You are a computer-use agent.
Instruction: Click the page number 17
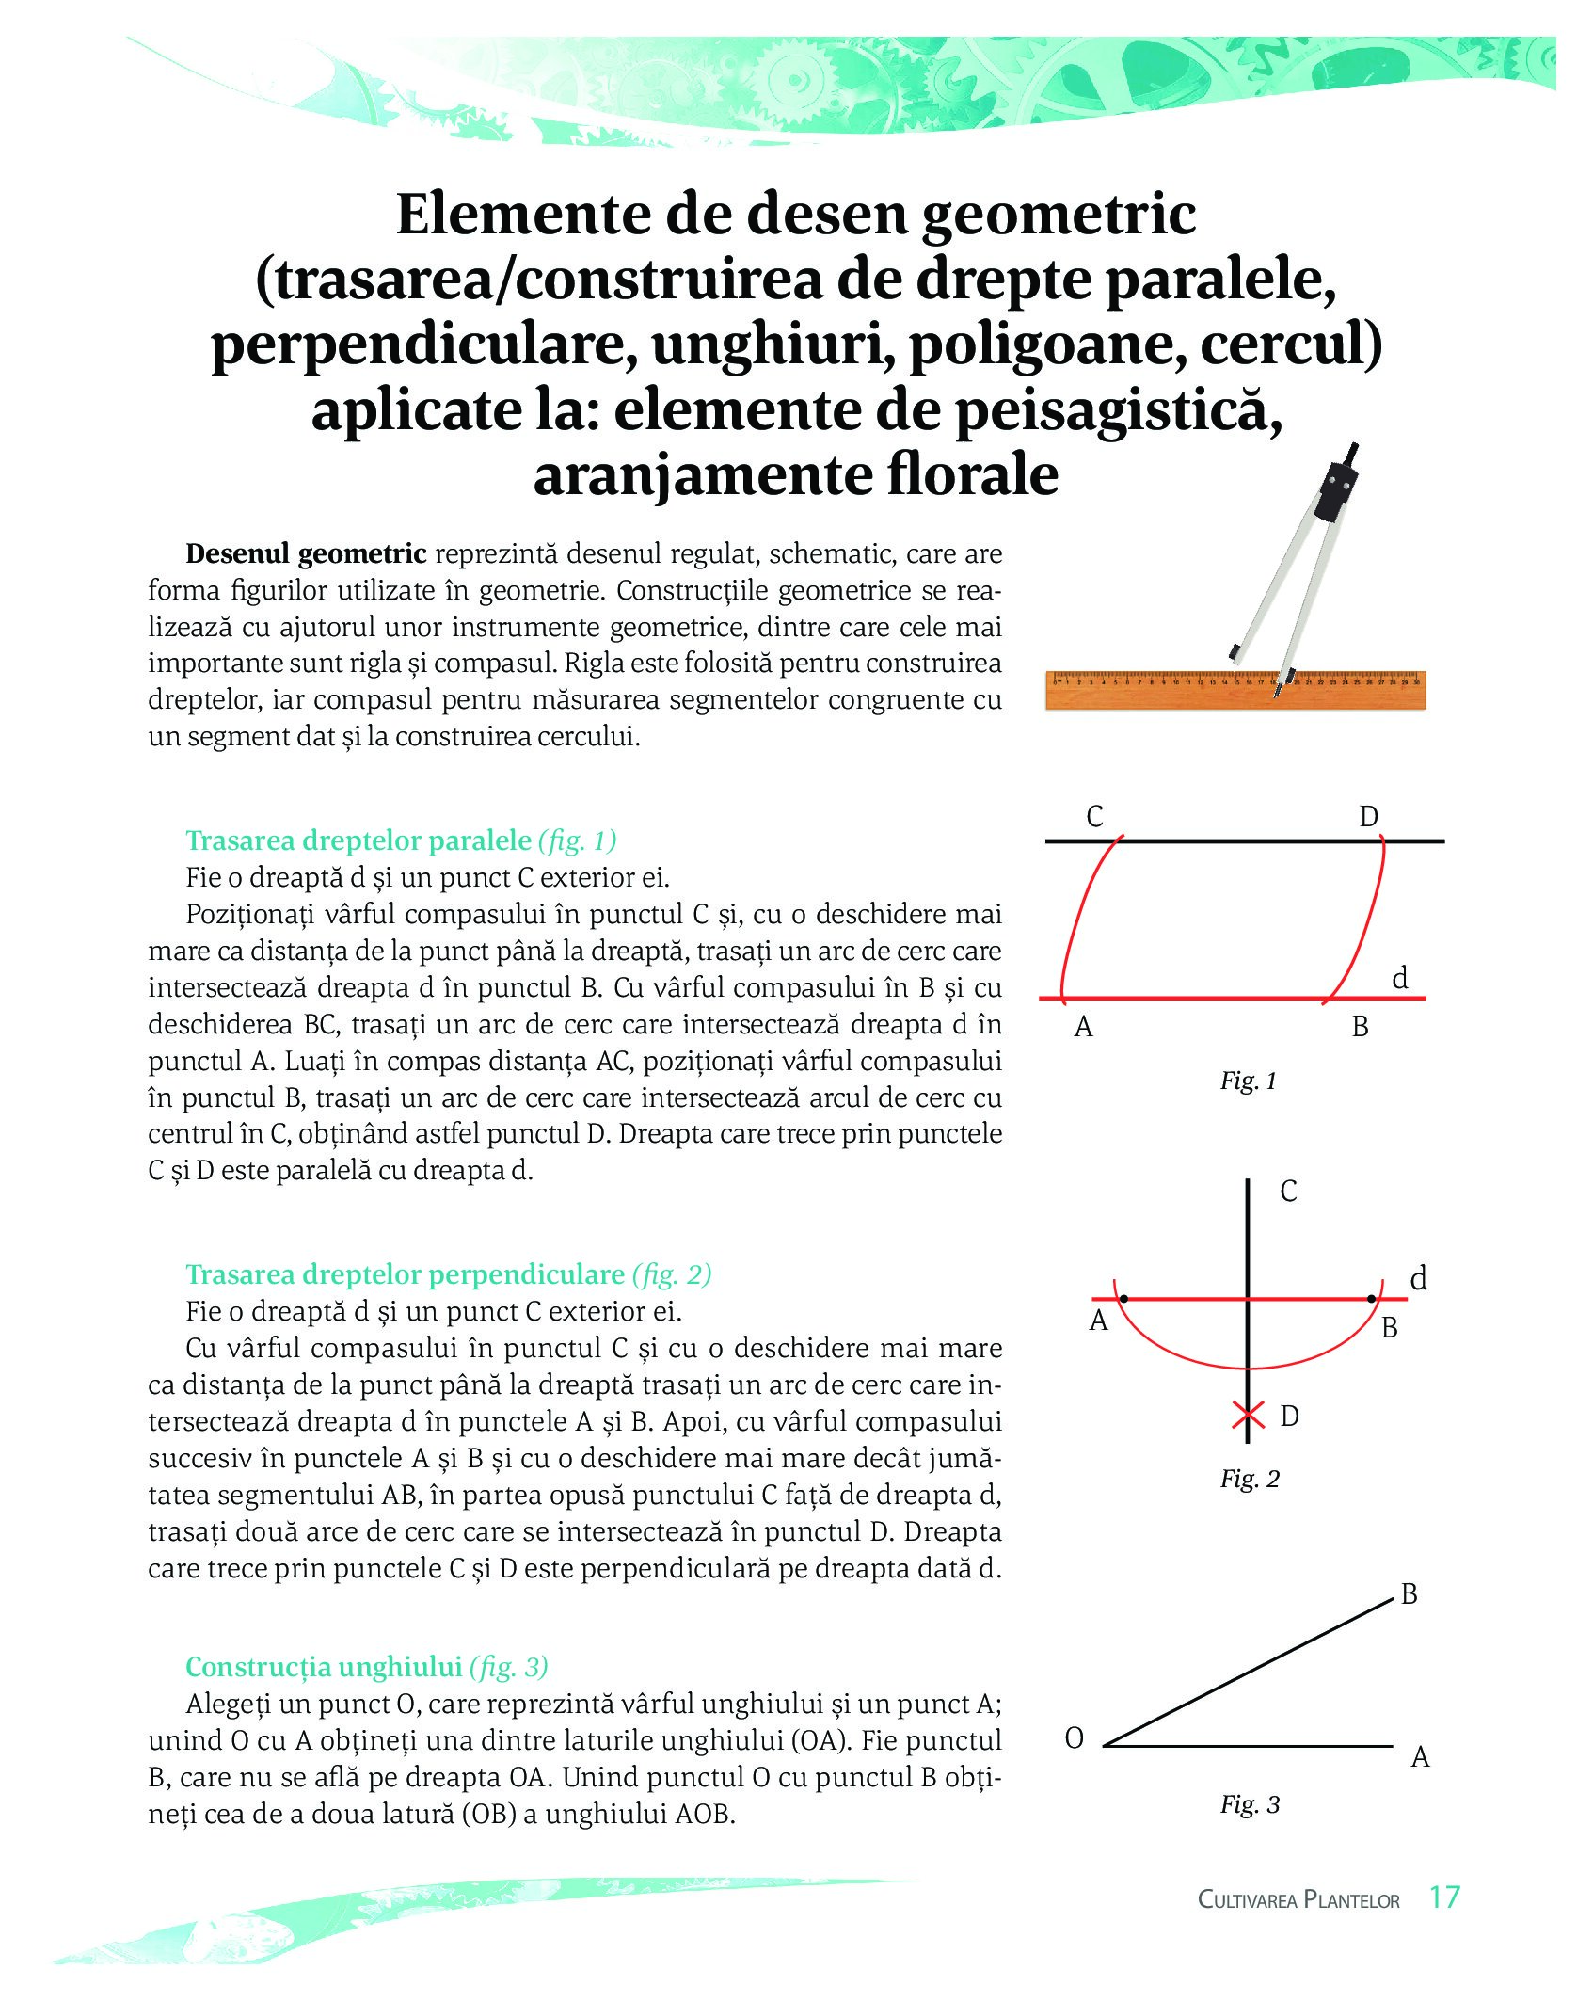pos(1443,1897)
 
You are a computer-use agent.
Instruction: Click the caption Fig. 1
pos(1248,1081)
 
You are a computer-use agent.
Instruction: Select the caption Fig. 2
pos(1250,1479)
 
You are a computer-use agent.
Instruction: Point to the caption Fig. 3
pos(1250,1804)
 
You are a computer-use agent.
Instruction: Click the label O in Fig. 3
pos(1075,1738)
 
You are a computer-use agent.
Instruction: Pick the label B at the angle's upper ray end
pos(1409,1594)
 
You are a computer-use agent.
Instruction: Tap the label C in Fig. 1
pos(1094,816)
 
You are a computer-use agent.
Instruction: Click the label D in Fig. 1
pos(1368,816)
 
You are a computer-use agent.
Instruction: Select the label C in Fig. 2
pos(1288,1192)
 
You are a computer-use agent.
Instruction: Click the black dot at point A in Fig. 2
pos(1123,1299)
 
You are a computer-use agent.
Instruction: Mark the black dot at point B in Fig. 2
pos(1371,1299)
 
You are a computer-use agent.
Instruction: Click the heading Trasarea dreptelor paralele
pos(358,840)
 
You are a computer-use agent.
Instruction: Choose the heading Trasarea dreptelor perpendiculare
pos(405,1274)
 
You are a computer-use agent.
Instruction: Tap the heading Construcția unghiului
pos(324,1667)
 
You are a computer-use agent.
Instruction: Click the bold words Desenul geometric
pos(306,553)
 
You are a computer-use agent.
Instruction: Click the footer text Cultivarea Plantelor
pos(1298,1899)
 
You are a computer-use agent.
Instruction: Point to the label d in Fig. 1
pos(1400,979)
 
